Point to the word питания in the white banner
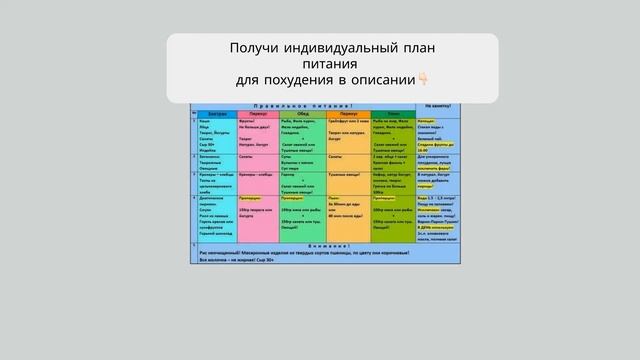tap(331, 64)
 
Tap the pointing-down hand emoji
tap(423, 80)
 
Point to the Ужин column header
tap(396, 113)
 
